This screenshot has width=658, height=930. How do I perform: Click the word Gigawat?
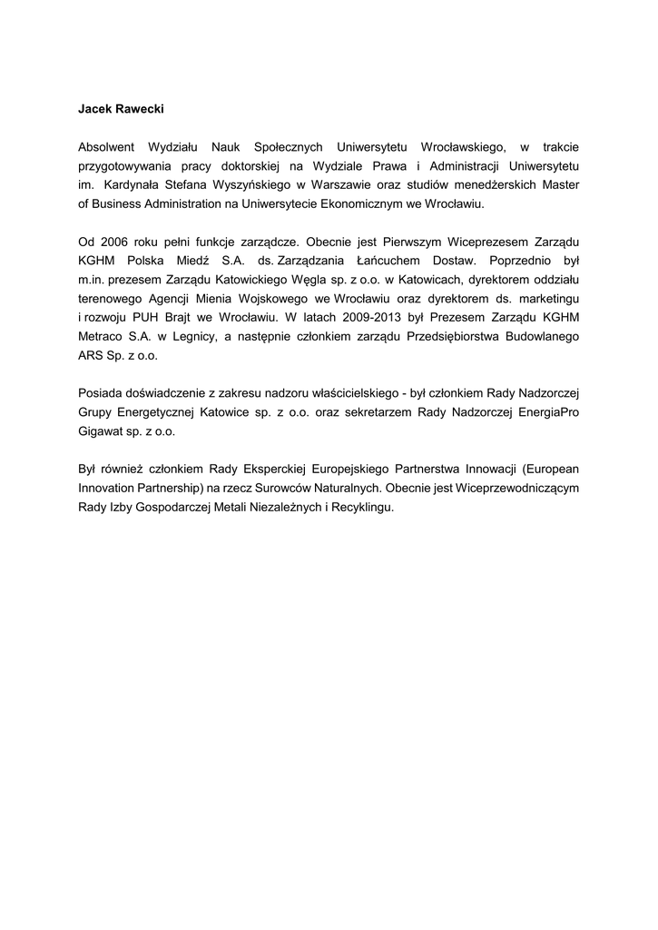click(x=102, y=434)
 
